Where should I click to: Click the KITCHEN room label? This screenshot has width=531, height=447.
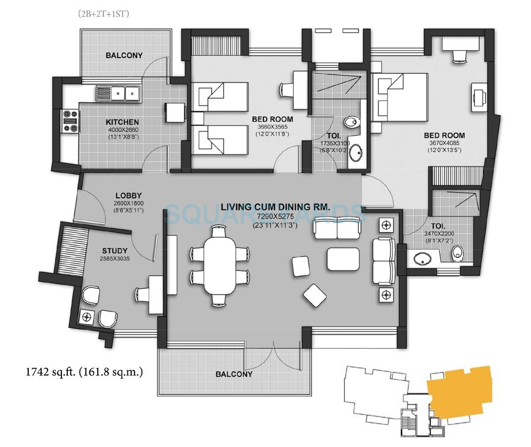[122, 122]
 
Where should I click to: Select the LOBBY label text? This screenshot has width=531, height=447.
[128, 195]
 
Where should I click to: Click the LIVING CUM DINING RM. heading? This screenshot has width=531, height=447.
[270, 207]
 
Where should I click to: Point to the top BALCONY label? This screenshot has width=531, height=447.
[124, 55]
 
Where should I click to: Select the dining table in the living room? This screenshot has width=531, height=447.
[219, 265]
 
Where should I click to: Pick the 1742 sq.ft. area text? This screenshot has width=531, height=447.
[84, 372]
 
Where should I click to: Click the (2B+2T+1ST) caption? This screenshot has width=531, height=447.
[104, 14]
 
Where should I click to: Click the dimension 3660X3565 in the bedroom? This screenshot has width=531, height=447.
[272, 127]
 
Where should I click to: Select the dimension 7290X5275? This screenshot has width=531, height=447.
[270, 216]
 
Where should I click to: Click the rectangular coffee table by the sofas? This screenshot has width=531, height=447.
[343, 259]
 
